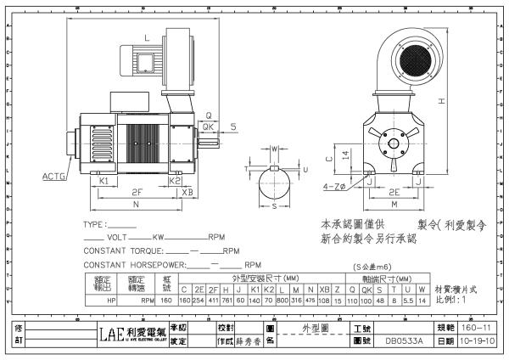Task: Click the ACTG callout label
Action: click(57, 176)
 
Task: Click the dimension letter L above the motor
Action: click(146, 37)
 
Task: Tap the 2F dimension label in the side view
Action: click(137, 192)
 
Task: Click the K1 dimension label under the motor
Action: click(103, 181)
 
